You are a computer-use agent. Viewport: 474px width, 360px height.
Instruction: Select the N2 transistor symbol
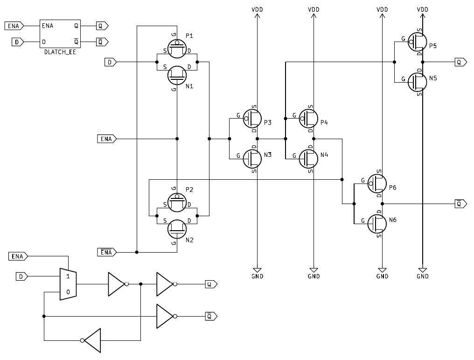176,228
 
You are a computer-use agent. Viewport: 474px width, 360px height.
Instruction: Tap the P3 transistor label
267,122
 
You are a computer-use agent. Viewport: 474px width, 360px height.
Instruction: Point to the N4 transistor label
324,154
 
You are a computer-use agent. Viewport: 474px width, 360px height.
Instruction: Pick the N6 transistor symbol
377,224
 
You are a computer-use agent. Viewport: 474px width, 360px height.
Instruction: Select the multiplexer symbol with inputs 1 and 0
68,284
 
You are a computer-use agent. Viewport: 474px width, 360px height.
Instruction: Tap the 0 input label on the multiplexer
68,292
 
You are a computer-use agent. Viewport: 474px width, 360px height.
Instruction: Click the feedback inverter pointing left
92,340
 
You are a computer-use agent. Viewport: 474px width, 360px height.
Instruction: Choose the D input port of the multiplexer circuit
21,277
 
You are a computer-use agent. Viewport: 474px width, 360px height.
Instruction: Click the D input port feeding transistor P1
110,62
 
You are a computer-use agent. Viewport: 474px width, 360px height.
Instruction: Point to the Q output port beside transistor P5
460,62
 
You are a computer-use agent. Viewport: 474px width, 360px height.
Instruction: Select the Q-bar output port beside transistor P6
460,204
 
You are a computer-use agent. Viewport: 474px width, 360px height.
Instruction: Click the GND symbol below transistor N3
257,270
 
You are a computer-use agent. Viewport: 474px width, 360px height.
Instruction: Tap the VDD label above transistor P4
314,9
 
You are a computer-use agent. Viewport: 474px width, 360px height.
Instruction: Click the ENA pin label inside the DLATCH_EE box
47,26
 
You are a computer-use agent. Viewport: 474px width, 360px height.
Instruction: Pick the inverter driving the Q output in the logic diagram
165,284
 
